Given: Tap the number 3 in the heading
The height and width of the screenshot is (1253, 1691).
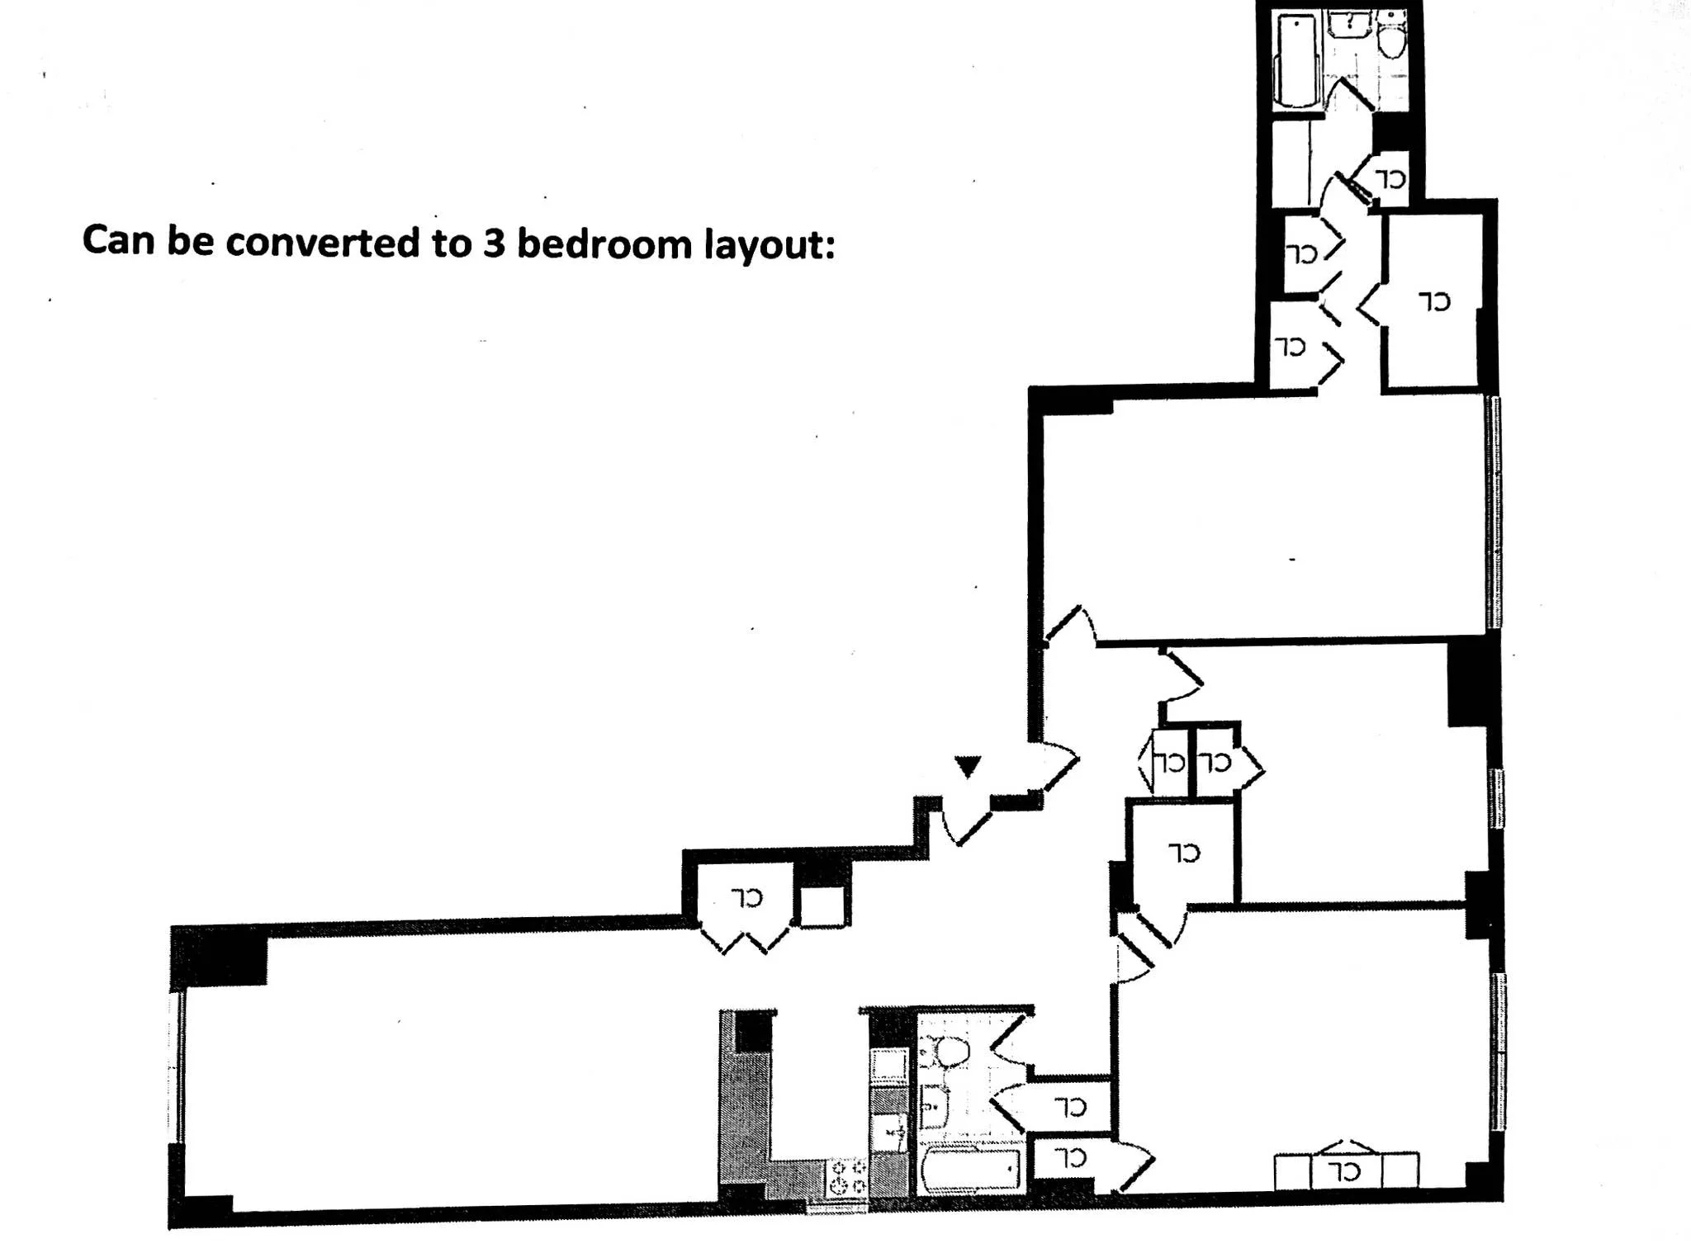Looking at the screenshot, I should point(493,244).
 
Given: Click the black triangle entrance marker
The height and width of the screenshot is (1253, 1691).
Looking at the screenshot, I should point(968,765).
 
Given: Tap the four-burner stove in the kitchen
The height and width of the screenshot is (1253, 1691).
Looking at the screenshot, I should point(847,1176).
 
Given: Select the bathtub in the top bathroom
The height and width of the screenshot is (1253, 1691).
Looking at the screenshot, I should point(1296,62).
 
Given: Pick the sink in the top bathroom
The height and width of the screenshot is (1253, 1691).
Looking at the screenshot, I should point(1350,22).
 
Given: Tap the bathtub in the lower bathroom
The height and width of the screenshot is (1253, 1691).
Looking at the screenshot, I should point(971,1168).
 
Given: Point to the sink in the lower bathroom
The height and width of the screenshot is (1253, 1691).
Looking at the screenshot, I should point(933,1104).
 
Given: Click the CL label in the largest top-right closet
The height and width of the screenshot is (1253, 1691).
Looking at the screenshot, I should point(1435,301).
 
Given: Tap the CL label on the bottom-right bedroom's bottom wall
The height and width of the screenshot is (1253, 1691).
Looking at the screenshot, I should point(1346,1170).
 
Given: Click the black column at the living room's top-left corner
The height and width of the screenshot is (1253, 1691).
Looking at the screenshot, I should point(220,956).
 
